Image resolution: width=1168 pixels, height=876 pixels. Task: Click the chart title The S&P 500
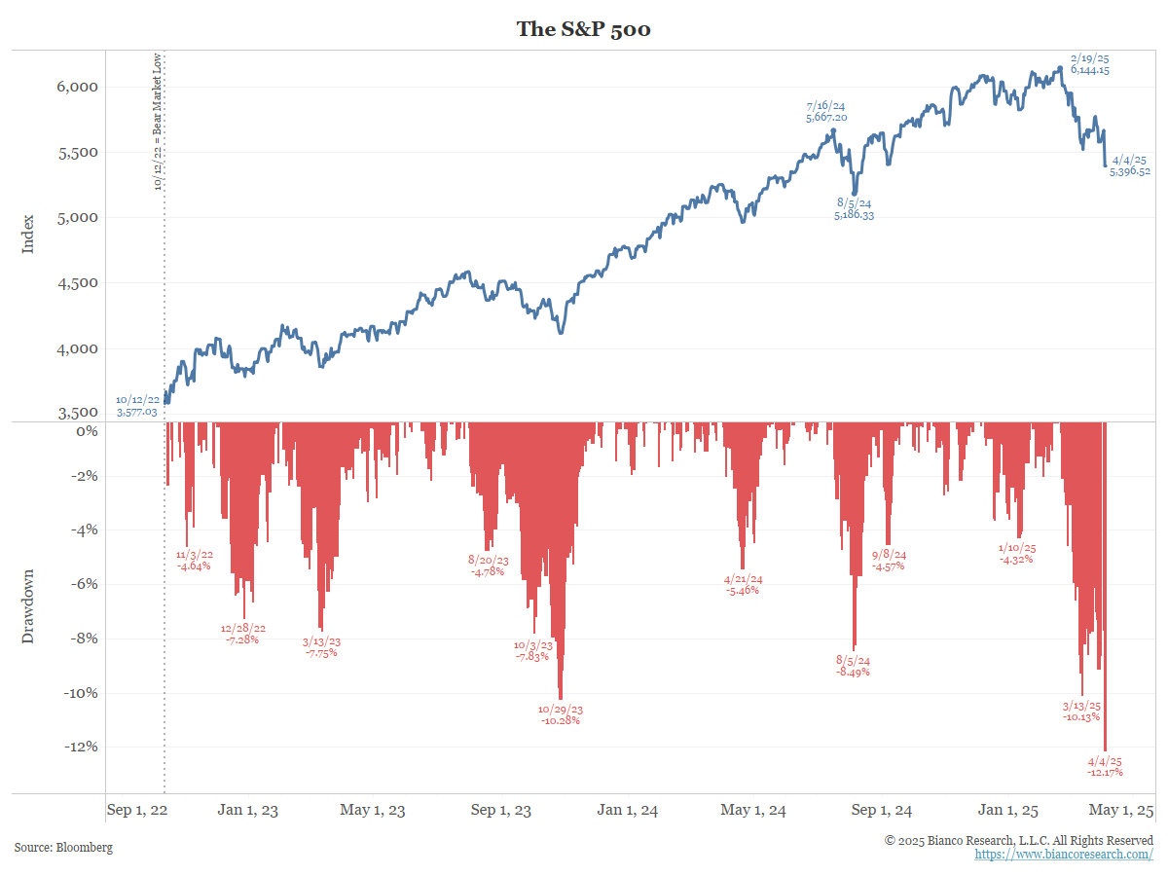pos(583,29)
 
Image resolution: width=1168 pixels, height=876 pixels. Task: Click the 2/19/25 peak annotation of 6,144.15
pos(1089,64)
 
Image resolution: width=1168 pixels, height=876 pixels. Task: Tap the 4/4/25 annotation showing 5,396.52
pos(1130,165)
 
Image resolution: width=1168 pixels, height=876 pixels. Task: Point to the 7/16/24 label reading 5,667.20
pos(825,111)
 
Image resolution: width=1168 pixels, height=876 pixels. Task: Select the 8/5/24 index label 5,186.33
pos(854,208)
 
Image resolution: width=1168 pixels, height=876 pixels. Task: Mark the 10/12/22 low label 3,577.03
pos(137,406)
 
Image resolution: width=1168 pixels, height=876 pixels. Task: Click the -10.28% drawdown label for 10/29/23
pos(560,714)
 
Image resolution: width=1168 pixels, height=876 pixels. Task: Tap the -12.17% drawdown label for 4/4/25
pos(1105,766)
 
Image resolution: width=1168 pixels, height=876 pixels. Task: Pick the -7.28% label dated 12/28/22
pos(242,634)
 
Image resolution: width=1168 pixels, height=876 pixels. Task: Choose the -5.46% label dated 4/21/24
pos(743,584)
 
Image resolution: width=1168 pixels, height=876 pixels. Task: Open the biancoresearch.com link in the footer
pos(1064,855)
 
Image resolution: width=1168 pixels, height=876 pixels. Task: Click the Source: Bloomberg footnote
pos(63,848)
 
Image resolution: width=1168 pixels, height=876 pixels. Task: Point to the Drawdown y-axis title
pos(28,605)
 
